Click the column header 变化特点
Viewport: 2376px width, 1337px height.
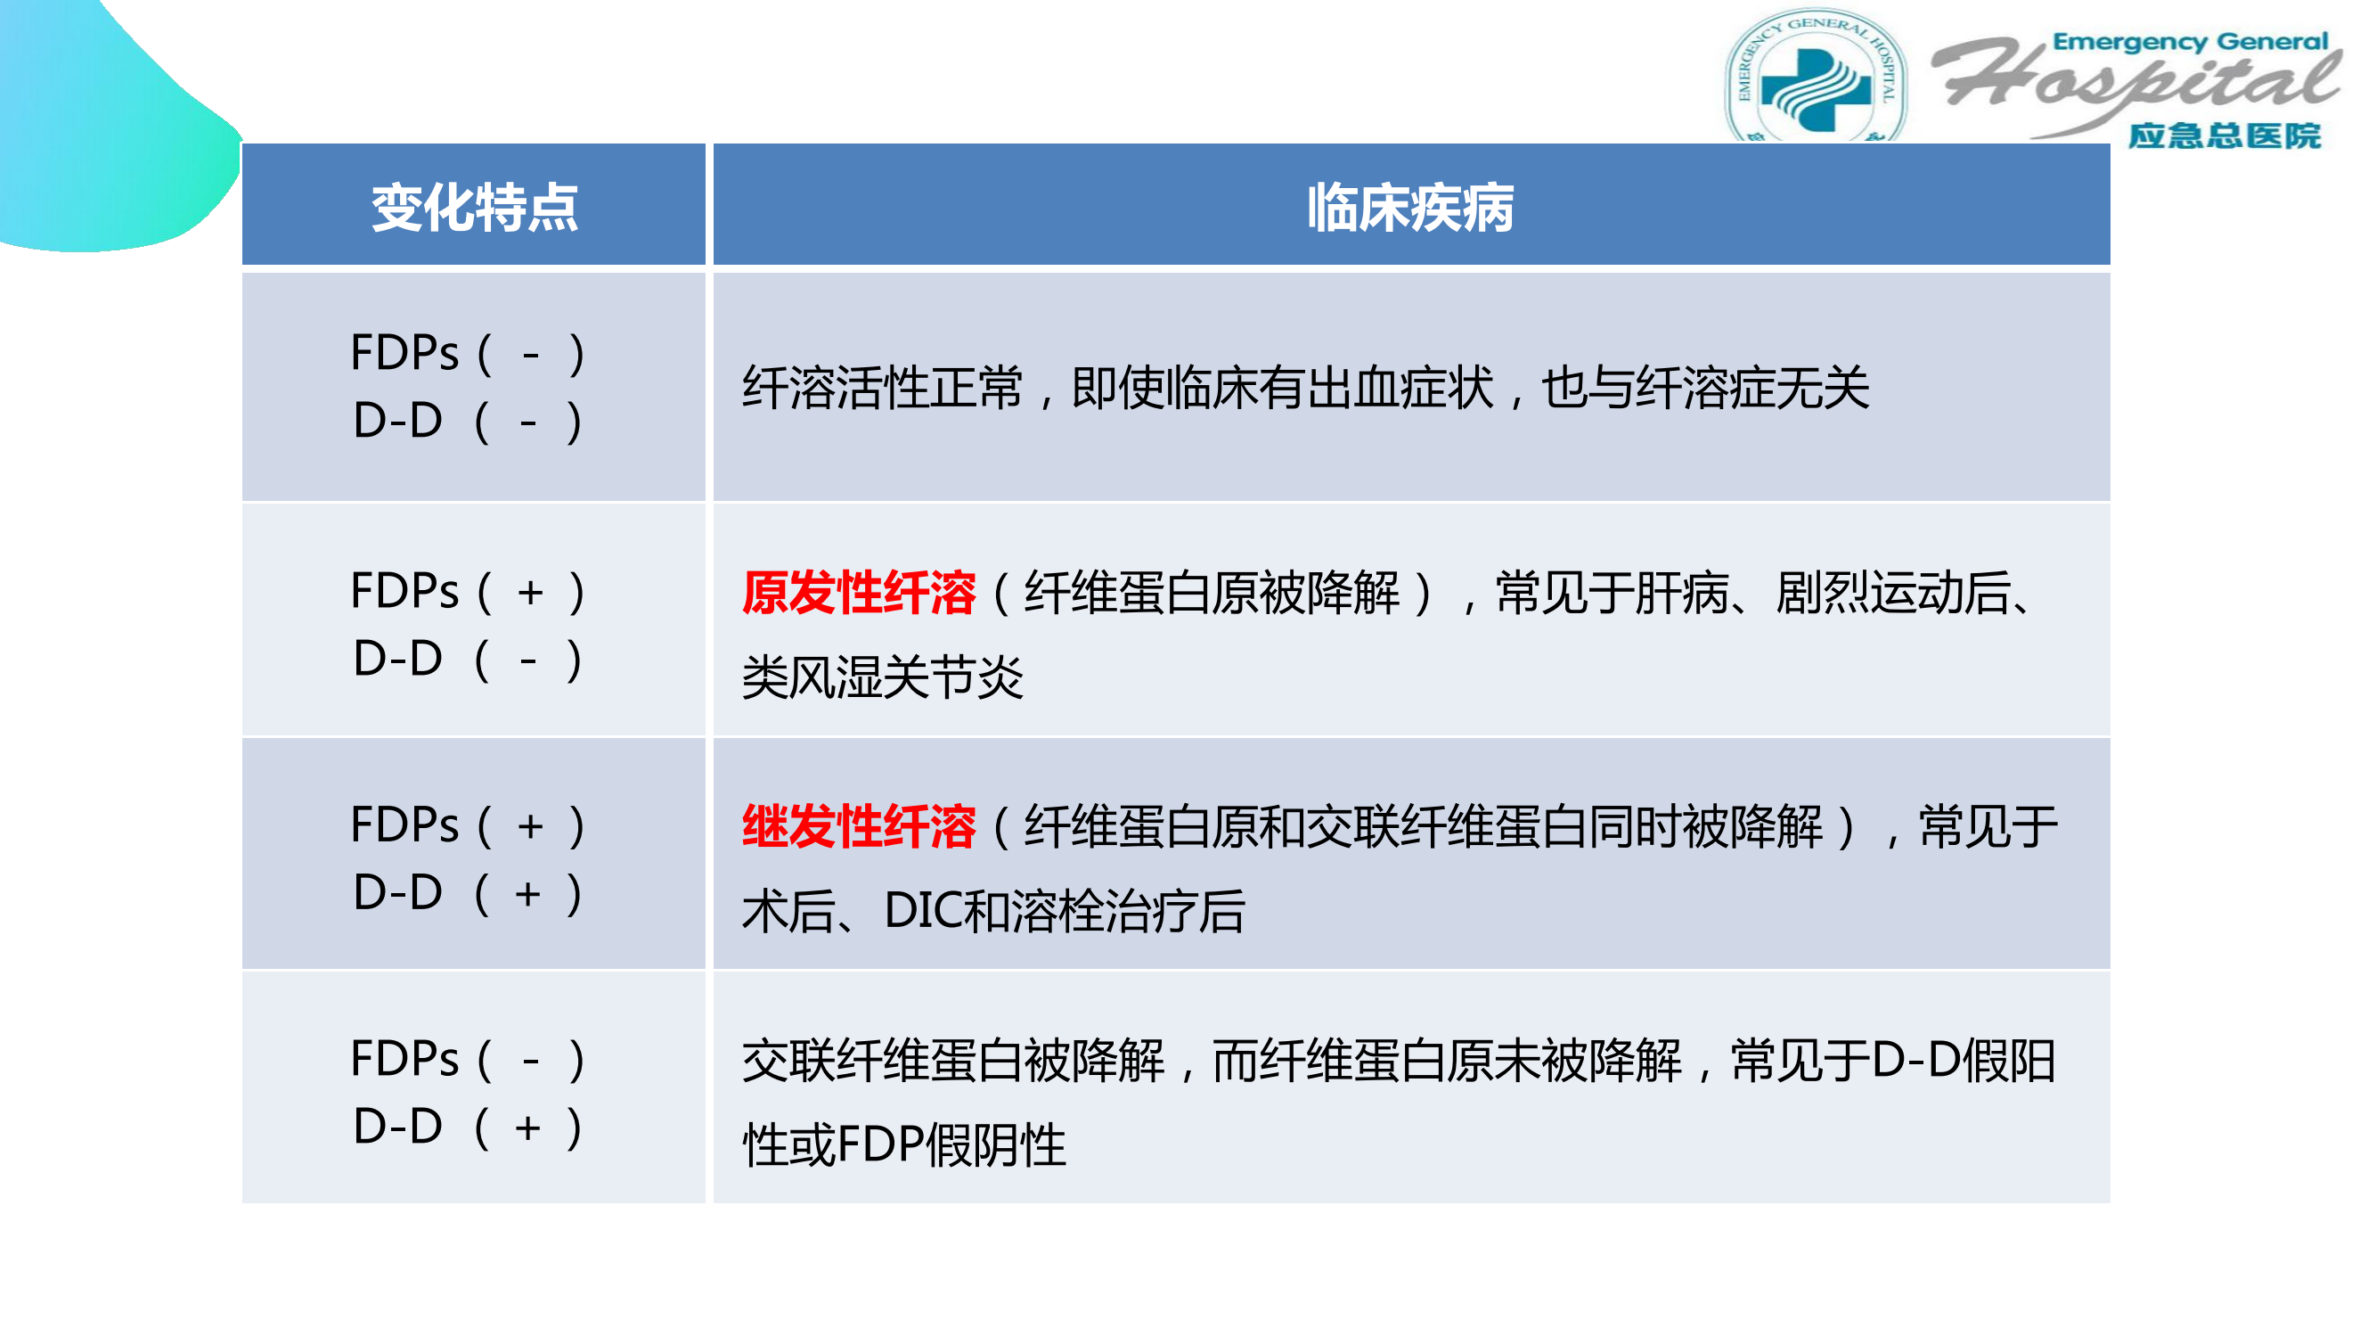click(x=474, y=208)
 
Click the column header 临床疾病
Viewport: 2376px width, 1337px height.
click(x=1410, y=208)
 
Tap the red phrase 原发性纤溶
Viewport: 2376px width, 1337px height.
click(x=859, y=593)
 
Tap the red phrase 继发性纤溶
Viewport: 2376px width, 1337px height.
click(x=859, y=826)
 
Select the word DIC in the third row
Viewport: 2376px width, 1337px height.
click(x=922, y=911)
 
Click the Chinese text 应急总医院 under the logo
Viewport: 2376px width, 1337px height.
click(x=2224, y=135)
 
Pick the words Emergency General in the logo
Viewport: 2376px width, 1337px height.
click(x=2190, y=42)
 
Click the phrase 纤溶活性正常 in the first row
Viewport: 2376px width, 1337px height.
click(x=883, y=388)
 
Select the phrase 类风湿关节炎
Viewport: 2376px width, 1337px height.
click(x=883, y=678)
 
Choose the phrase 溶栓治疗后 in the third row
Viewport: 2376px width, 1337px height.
click(x=1129, y=911)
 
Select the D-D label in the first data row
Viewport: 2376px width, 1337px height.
click(x=397, y=421)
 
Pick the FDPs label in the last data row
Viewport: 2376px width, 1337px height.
click(x=404, y=1058)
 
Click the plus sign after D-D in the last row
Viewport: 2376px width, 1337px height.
click(x=527, y=1128)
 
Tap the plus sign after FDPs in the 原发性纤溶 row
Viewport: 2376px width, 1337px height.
click(x=530, y=592)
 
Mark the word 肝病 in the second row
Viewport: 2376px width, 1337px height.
click(x=1682, y=593)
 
